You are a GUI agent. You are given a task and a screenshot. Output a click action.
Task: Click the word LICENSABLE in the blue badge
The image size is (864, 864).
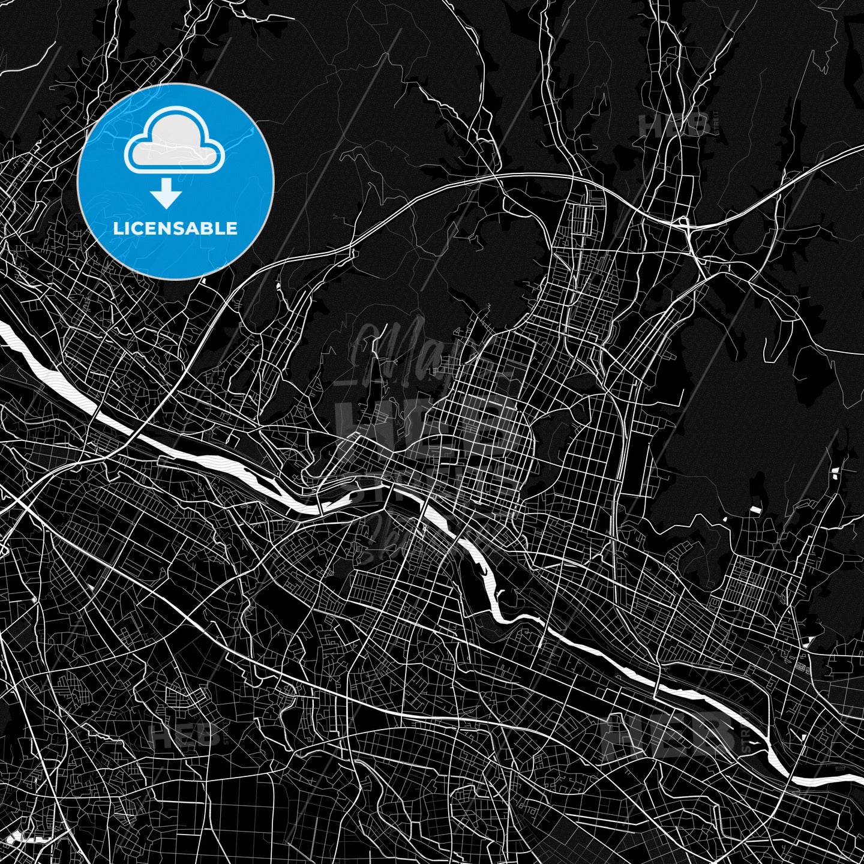click(175, 229)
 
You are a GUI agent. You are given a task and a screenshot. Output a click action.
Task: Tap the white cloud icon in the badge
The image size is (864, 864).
click(174, 143)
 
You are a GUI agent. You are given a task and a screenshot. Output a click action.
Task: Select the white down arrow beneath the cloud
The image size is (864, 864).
click(166, 193)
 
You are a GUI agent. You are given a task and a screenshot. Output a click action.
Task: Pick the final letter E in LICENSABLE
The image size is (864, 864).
click(233, 229)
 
